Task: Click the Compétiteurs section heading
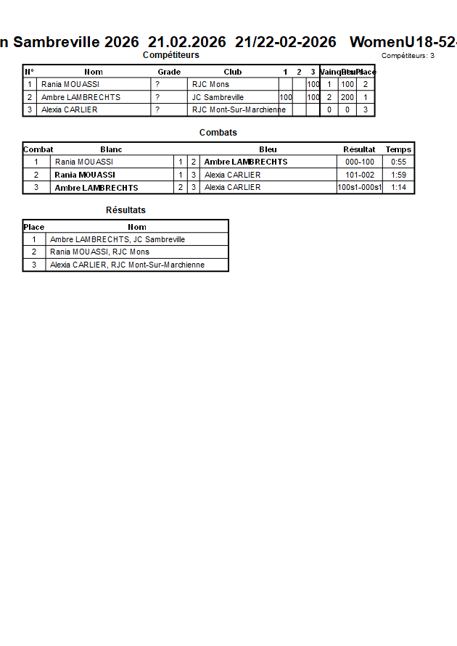[170, 55]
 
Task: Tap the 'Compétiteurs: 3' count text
[408, 56]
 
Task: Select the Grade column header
[169, 72]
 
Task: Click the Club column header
[233, 72]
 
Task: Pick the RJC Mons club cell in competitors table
[210, 85]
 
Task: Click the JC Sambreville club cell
[218, 97]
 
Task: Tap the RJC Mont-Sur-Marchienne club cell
[239, 110]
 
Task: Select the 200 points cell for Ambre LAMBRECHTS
[347, 97]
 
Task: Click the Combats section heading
[218, 133]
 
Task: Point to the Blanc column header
[111, 149]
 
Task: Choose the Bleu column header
[268, 149]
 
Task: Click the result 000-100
[360, 162]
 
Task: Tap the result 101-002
[360, 175]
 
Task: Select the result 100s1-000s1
[360, 188]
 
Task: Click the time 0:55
[398, 162]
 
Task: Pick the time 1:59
[398, 175]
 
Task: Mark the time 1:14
[398, 188]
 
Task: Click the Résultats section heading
[125, 210]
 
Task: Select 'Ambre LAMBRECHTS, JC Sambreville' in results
[118, 239]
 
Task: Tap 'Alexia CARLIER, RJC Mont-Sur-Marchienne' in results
[127, 265]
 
